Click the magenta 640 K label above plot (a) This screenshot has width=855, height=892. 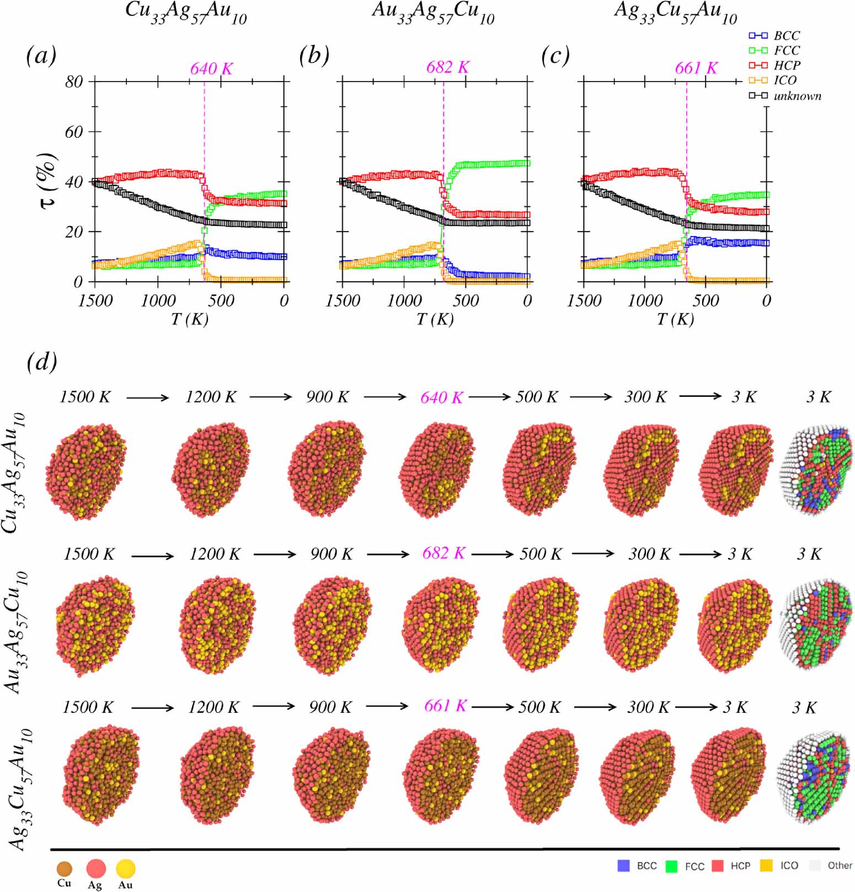tap(211, 69)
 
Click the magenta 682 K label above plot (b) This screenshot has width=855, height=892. tap(447, 67)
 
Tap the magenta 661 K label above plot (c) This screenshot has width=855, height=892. tap(696, 68)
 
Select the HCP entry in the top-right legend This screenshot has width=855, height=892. tap(787, 65)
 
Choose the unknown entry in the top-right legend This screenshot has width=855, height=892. tap(797, 96)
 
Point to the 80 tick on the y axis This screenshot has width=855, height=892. tap(74, 82)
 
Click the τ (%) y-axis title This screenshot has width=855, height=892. tap(49, 181)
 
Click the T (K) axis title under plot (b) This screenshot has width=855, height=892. tap(435, 319)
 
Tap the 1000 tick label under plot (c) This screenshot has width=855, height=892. tap(644, 301)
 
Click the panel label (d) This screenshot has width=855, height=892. tap(42, 362)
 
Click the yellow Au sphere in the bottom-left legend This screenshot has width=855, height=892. tap(125, 869)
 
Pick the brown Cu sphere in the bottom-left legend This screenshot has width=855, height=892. tap(64, 869)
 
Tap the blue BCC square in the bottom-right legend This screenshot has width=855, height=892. tap(623, 866)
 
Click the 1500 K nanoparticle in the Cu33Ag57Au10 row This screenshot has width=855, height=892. tap(86, 471)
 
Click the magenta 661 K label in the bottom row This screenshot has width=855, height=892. tap(445, 706)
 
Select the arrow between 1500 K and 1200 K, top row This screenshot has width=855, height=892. tap(147, 397)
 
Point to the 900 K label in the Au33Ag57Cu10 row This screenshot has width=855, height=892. tap(331, 554)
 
